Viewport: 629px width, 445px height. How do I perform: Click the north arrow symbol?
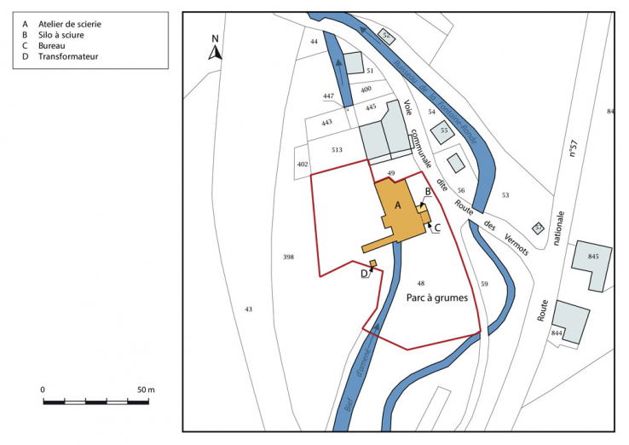point(216,49)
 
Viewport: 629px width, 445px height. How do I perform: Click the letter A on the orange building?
point(396,205)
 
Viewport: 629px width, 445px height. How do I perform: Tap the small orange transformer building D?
point(372,263)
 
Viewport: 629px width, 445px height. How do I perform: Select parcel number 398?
point(288,257)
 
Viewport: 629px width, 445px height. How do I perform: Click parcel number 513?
point(337,150)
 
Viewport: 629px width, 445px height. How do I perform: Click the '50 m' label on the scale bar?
point(145,390)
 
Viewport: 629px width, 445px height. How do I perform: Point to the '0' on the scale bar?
point(43,390)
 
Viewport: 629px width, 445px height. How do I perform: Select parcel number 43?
point(249,309)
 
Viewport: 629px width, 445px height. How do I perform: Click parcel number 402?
point(302,164)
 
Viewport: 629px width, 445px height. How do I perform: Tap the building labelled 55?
point(443,131)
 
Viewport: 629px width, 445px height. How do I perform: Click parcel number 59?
point(484,283)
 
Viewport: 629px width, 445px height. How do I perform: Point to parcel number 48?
point(420,283)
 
